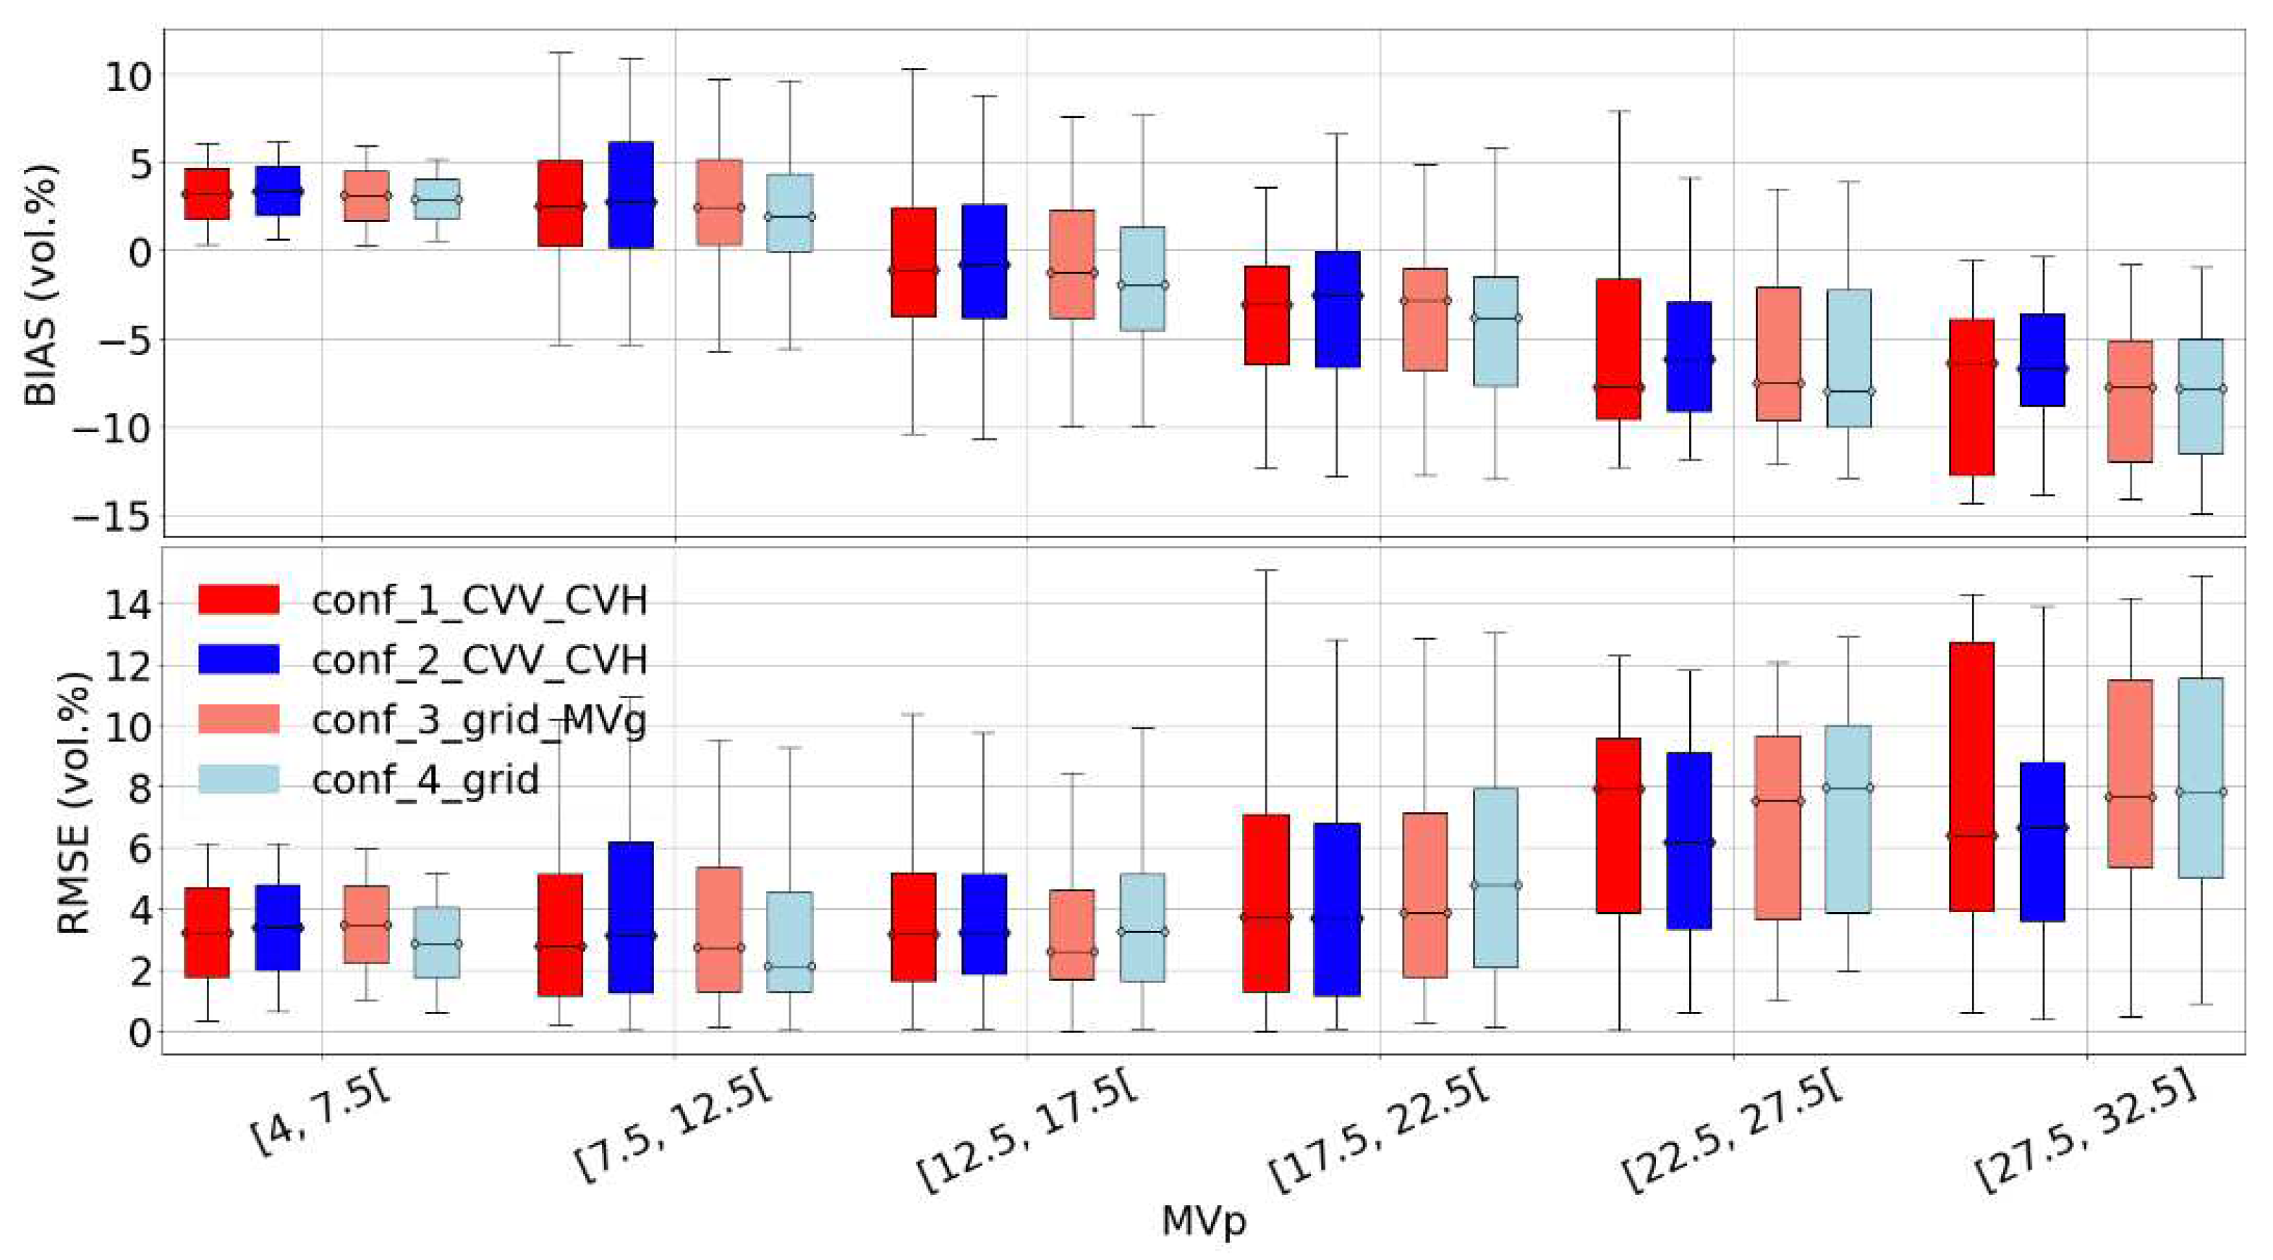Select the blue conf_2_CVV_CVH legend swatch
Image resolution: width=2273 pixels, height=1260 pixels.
pyautogui.click(x=238, y=660)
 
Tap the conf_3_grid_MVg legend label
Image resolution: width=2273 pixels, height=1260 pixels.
pyautogui.click(x=479, y=720)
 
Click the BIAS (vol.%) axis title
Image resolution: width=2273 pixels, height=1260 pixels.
pyautogui.click(x=41, y=284)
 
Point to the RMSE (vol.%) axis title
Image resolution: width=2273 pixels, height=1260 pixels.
pyautogui.click(x=75, y=803)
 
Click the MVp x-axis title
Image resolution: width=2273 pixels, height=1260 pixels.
pyautogui.click(x=1204, y=1221)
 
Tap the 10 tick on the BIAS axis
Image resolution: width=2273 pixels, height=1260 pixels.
pyautogui.click(x=129, y=75)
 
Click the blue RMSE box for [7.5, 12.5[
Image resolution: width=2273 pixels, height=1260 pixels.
pyautogui.click(x=630, y=918)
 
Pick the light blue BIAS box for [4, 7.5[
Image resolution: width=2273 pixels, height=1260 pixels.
pyautogui.click(x=437, y=198)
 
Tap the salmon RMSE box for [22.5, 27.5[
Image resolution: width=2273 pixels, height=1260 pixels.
pyautogui.click(x=1778, y=827)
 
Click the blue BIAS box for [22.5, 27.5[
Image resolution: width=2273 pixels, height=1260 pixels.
pyautogui.click(x=1689, y=357)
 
